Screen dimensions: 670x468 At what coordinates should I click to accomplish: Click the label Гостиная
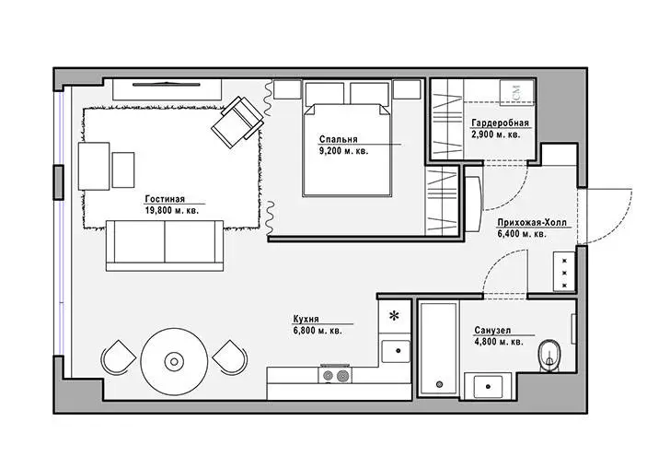click(x=165, y=199)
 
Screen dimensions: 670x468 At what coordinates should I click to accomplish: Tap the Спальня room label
click(x=338, y=139)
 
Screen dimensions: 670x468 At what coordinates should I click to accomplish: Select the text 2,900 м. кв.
click(x=496, y=135)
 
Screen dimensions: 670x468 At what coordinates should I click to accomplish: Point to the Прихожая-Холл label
click(x=532, y=223)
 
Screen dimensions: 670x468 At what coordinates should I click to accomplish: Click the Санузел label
click(x=492, y=330)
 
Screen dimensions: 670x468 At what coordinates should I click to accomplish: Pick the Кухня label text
click(x=306, y=319)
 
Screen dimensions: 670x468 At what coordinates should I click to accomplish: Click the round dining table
click(x=174, y=362)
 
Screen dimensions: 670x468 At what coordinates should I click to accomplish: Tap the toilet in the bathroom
click(x=550, y=356)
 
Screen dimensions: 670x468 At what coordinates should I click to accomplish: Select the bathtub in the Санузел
click(x=439, y=349)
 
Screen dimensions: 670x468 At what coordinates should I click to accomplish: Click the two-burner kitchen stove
click(x=335, y=374)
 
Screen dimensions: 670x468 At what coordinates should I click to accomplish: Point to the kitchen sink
click(x=396, y=351)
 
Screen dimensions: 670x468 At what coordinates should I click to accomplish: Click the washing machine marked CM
click(x=517, y=91)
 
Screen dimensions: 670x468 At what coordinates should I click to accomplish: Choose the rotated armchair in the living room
click(x=237, y=122)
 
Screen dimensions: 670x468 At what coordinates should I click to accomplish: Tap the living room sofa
click(x=165, y=246)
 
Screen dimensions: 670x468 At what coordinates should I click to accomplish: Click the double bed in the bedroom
click(x=347, y=149)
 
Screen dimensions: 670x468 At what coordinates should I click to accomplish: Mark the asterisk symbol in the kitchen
click(x=394, y=316)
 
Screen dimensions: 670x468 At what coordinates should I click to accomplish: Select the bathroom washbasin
click(x=488, y=386)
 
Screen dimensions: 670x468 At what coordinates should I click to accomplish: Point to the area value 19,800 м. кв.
click(x=172, y=210)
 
